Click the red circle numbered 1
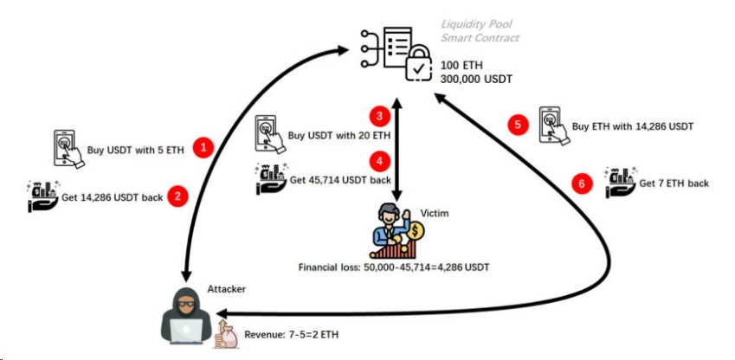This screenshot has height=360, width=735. (x=203, y=147)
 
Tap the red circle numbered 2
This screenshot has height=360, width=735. (x=177, y=196)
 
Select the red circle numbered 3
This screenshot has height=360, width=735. (x=377, y=115)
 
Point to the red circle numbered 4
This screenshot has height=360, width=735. (x=377, y=160)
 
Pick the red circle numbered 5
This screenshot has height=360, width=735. (x=517, y=125)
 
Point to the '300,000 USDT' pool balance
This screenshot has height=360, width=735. (x=476, y=80)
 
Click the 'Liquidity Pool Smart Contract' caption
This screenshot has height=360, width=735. (x=480, y=32)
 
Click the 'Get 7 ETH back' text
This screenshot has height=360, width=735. (x=674, y=183)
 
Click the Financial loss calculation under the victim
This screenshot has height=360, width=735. (x=394, y=267)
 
